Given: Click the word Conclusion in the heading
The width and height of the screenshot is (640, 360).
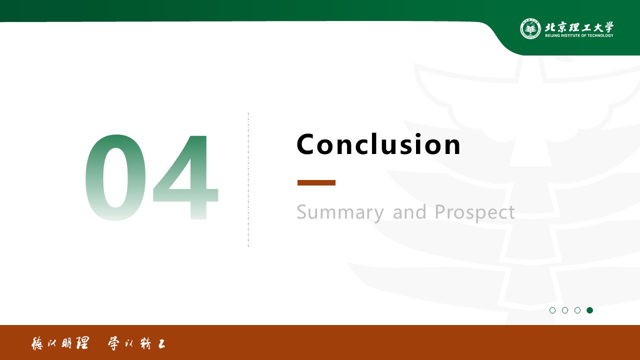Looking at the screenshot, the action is coord(378,144).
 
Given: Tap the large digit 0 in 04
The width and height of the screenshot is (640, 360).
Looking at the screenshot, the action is coord(115,177).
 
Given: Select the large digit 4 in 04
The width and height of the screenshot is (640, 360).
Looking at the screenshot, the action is coord(186,177).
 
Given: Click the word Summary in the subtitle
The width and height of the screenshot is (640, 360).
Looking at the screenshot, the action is coord(340,212).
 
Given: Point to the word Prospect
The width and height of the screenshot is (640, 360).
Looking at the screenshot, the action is coord(474,212).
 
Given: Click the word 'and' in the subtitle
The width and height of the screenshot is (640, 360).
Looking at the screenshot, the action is coord(409,212).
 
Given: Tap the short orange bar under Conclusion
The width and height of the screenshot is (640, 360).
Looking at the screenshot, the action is coord(316,183).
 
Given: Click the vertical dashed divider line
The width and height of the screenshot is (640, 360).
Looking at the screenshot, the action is coord(248,179).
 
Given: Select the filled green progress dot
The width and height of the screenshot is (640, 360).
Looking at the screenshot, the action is coord(589,310).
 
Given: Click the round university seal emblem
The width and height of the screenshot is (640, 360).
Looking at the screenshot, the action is coord(530,28).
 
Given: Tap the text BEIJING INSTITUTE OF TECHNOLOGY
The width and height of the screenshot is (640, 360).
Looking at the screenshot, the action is coord(579,35).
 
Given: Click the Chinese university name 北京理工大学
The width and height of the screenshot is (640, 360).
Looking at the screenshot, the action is coord(579,27).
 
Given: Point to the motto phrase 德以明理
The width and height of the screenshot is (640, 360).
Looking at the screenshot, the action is coord(60,343).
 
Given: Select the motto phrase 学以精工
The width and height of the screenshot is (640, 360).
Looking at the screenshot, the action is coord(136,343).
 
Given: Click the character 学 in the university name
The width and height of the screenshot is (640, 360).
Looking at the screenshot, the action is coord(608,27).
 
